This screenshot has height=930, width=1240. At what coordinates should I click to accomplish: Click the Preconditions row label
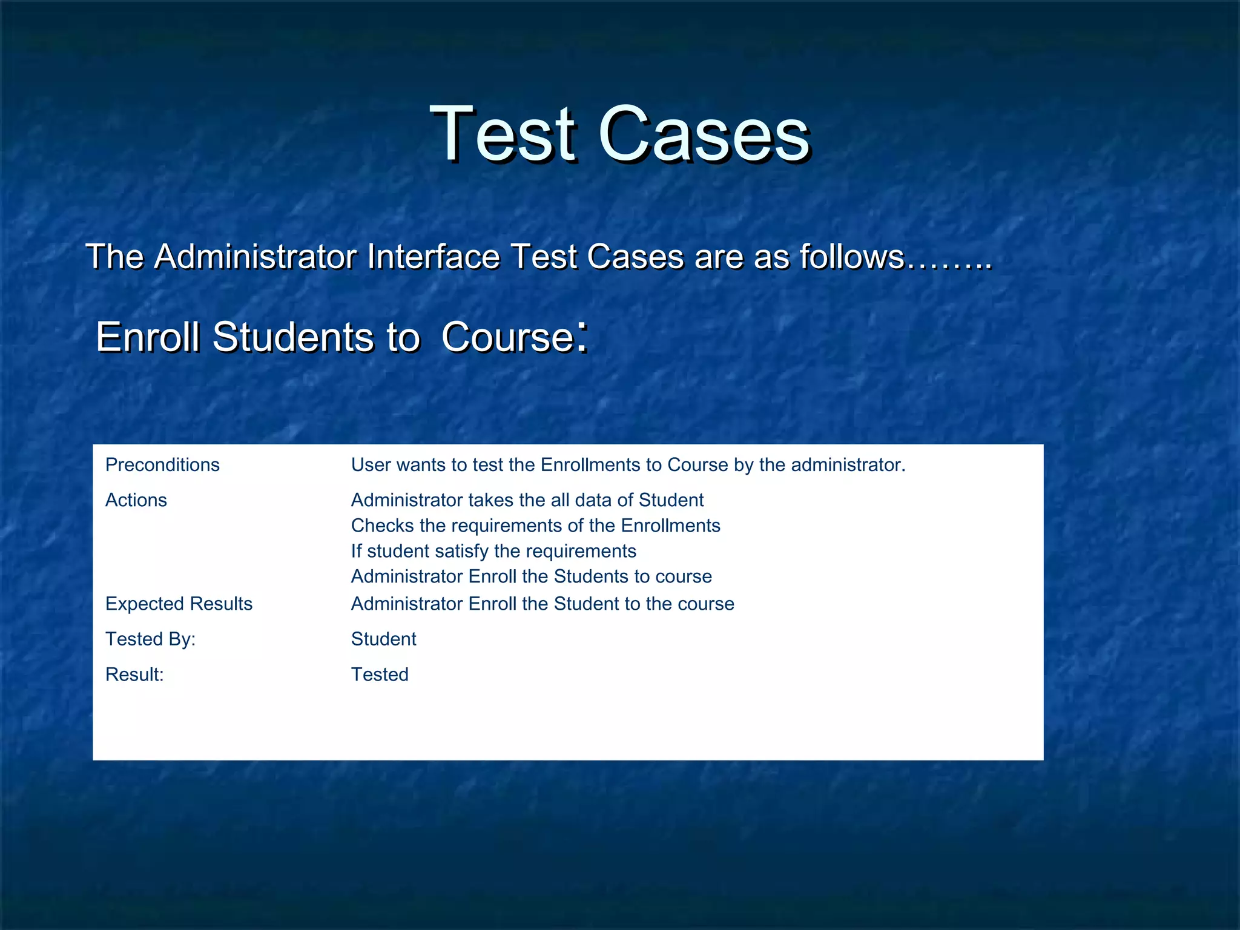162,465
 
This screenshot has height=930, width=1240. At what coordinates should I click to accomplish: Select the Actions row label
136,500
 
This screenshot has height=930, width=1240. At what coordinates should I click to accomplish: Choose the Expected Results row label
179,604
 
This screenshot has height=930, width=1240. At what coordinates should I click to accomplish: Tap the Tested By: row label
151,639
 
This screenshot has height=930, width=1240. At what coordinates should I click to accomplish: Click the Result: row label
134,674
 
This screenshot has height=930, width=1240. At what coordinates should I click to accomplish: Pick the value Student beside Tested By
384,639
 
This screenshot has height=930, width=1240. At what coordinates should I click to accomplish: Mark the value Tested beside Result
380,674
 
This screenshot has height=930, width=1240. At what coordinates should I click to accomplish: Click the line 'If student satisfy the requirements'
493,551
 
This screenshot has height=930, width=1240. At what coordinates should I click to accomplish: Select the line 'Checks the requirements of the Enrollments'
536,526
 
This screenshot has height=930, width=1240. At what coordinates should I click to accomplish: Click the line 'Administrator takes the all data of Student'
527,500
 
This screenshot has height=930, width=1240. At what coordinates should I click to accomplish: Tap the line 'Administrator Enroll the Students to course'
532,576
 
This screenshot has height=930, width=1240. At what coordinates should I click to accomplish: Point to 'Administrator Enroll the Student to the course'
542,604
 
